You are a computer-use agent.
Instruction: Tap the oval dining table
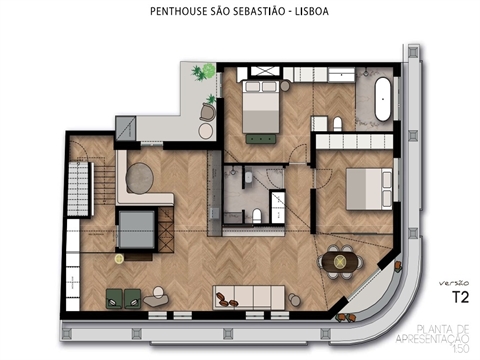[339, 261]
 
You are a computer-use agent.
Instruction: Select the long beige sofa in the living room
[248, 295]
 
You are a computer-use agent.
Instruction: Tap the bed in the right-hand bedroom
[362, 186]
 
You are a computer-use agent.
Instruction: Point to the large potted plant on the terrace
[204, 73]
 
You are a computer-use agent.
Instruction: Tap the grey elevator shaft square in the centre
[136, 229]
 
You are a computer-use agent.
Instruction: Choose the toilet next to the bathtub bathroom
[338, 122]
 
